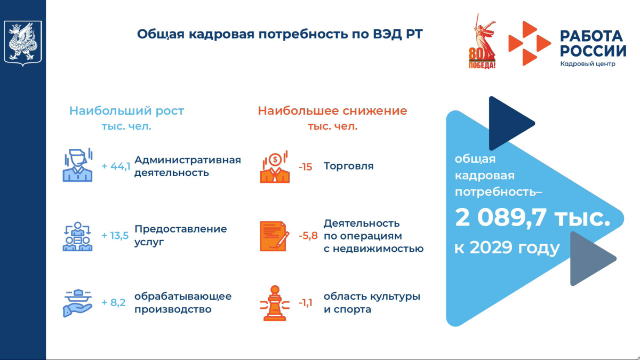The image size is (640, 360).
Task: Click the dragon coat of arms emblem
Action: (23, 43)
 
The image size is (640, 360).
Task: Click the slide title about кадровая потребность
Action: (279, 34)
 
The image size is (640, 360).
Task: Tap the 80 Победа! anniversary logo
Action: (482, 42)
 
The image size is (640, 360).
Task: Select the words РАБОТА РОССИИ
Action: (593, 43)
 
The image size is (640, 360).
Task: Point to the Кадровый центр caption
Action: (588, 63)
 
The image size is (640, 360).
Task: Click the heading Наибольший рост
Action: (126, 111)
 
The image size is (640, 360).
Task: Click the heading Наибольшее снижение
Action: (332, 111)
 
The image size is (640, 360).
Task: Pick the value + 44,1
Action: (116, 166)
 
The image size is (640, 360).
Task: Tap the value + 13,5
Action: (115, 235)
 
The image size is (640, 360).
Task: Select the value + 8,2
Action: (114, 302)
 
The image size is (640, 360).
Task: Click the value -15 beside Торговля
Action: (306, 166)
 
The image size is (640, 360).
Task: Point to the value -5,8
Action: (308, 235)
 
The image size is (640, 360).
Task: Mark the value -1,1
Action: (306, 302)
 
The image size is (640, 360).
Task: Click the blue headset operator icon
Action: (78, 165)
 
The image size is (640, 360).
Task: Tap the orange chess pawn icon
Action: (275, 303)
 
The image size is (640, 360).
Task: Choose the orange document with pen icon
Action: (275, 236)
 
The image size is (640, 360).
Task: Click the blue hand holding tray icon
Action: (77, 303)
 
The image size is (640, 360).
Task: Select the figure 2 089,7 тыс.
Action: (532, 218)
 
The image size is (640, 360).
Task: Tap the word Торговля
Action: (349, 166)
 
